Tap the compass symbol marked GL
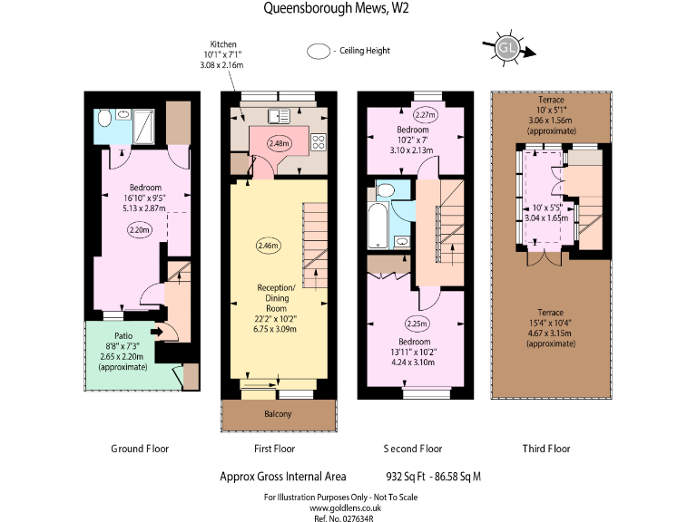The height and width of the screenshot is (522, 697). [x=509, y=49]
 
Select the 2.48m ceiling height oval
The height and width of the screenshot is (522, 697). [x=280, y=143]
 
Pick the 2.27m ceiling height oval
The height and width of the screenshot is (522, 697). [x=426, y=115]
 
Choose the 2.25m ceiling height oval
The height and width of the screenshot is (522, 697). [x=417, y=324]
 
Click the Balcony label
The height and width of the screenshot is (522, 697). [x=278, y=414]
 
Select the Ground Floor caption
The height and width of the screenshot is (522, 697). [x=140, y=449]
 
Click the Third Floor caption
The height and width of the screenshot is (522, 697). [x=546, y=449]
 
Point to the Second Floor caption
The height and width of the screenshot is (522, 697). [x=412, y=449]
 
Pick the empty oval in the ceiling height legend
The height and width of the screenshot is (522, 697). [x=319, y=52]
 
